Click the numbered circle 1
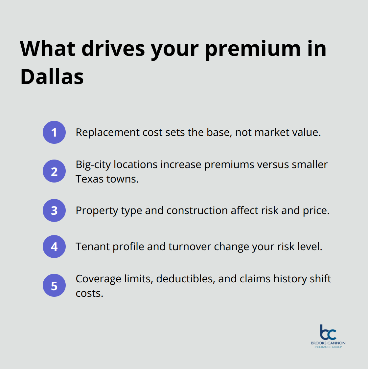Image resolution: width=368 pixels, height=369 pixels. pyautogui.click(x=54, y=132)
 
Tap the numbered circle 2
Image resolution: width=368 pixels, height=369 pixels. pyautogui.click(x=54, y=171)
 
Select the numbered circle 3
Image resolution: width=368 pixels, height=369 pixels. pyautogui.click(x=54, y=210)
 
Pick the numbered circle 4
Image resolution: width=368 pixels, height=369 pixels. pyautogui.click(x=54, y=247)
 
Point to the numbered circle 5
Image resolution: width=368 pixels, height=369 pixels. pyautogui.click(x=54, y=286)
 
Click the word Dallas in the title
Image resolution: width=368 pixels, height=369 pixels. pyautogui.click(x=52, y=77)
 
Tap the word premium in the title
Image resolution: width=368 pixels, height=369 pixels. pyautogui.click(x=253, y=49)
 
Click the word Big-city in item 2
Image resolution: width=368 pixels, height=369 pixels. pyautogui.click(x=93, y=164)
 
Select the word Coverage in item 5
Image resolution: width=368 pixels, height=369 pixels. pyautogui.click(x=99, y=279)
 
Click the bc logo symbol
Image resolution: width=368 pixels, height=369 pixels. pyautogui.click(x=328, y=332)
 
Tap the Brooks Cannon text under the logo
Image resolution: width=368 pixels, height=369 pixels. pyautogui.click(x=328, y=343)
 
